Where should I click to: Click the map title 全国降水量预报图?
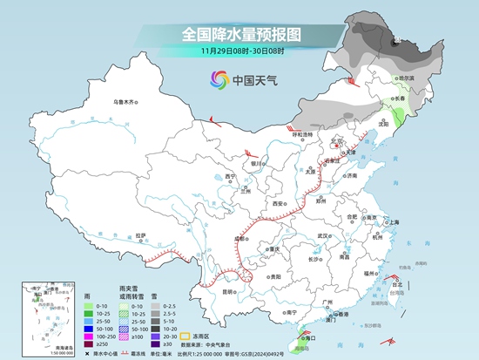[x=239, y=35]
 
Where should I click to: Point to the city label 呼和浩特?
[x=301, y=134]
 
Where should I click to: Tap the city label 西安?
[x=278, y=203]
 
